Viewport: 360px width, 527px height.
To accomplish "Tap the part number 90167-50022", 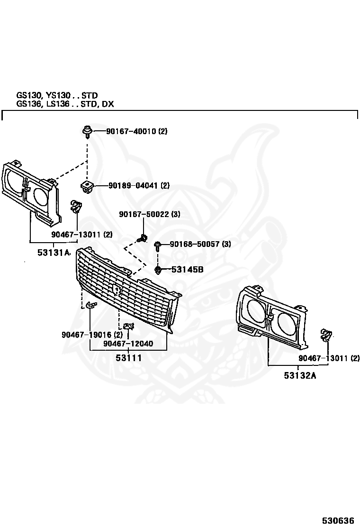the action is click(144, 214).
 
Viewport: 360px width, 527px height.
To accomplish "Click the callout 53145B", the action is click(188, 270).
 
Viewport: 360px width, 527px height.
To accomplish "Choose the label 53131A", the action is click(53, 252).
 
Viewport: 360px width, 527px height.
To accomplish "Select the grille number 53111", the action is click(129, 358).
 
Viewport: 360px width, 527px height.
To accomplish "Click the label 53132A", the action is click(300, 375).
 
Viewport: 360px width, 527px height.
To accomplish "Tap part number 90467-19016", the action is click(87, 335).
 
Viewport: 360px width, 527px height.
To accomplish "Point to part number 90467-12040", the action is click(128, 344).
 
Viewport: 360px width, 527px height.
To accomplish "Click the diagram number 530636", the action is click(338, 521).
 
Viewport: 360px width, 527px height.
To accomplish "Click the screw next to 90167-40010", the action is click(87, 131).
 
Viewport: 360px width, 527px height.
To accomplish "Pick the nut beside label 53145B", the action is click(158, 270).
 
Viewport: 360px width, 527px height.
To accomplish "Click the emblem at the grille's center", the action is click(116, 290).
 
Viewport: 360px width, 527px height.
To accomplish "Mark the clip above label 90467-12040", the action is click(129, 326).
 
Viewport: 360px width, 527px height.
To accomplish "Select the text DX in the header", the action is click(108, 104).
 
